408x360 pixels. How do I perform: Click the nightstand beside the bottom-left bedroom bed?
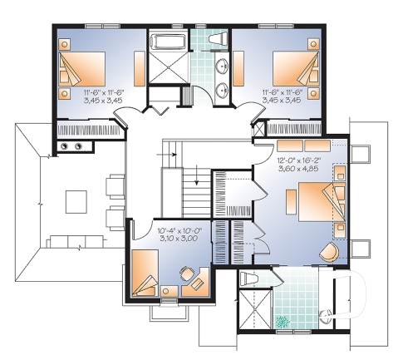tap(170, 291)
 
